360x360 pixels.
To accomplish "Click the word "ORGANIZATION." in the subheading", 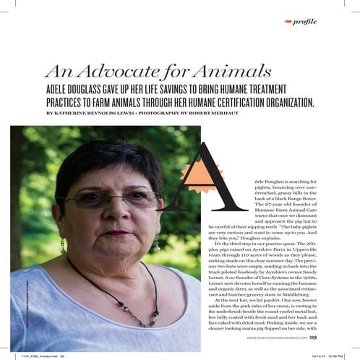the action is point(281,103).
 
